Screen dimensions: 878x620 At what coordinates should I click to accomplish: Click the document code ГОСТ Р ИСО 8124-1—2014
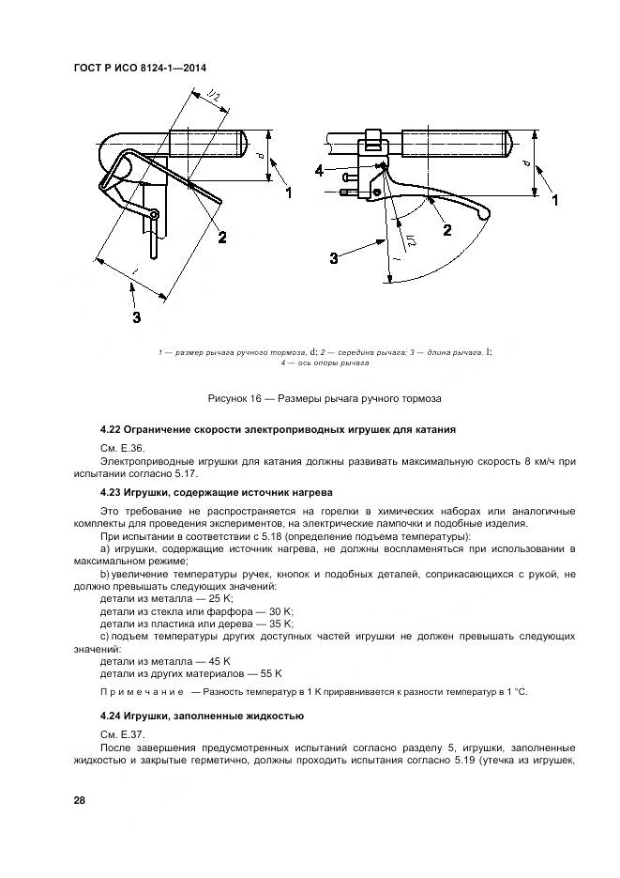(139, 69)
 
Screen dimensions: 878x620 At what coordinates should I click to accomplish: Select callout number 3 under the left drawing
(137, 318)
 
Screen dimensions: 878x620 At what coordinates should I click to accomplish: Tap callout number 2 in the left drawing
(222, 238)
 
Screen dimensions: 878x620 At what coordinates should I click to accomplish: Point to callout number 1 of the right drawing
(555, 201)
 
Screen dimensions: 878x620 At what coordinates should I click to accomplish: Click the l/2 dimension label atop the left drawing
(214, 99)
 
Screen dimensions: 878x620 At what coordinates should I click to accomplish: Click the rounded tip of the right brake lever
(484, 215)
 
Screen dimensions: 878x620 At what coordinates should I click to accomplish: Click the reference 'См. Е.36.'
(119, 448)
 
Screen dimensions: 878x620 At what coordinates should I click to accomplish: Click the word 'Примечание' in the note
(142, 692)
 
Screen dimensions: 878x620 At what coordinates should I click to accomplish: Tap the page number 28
(79, 800)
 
